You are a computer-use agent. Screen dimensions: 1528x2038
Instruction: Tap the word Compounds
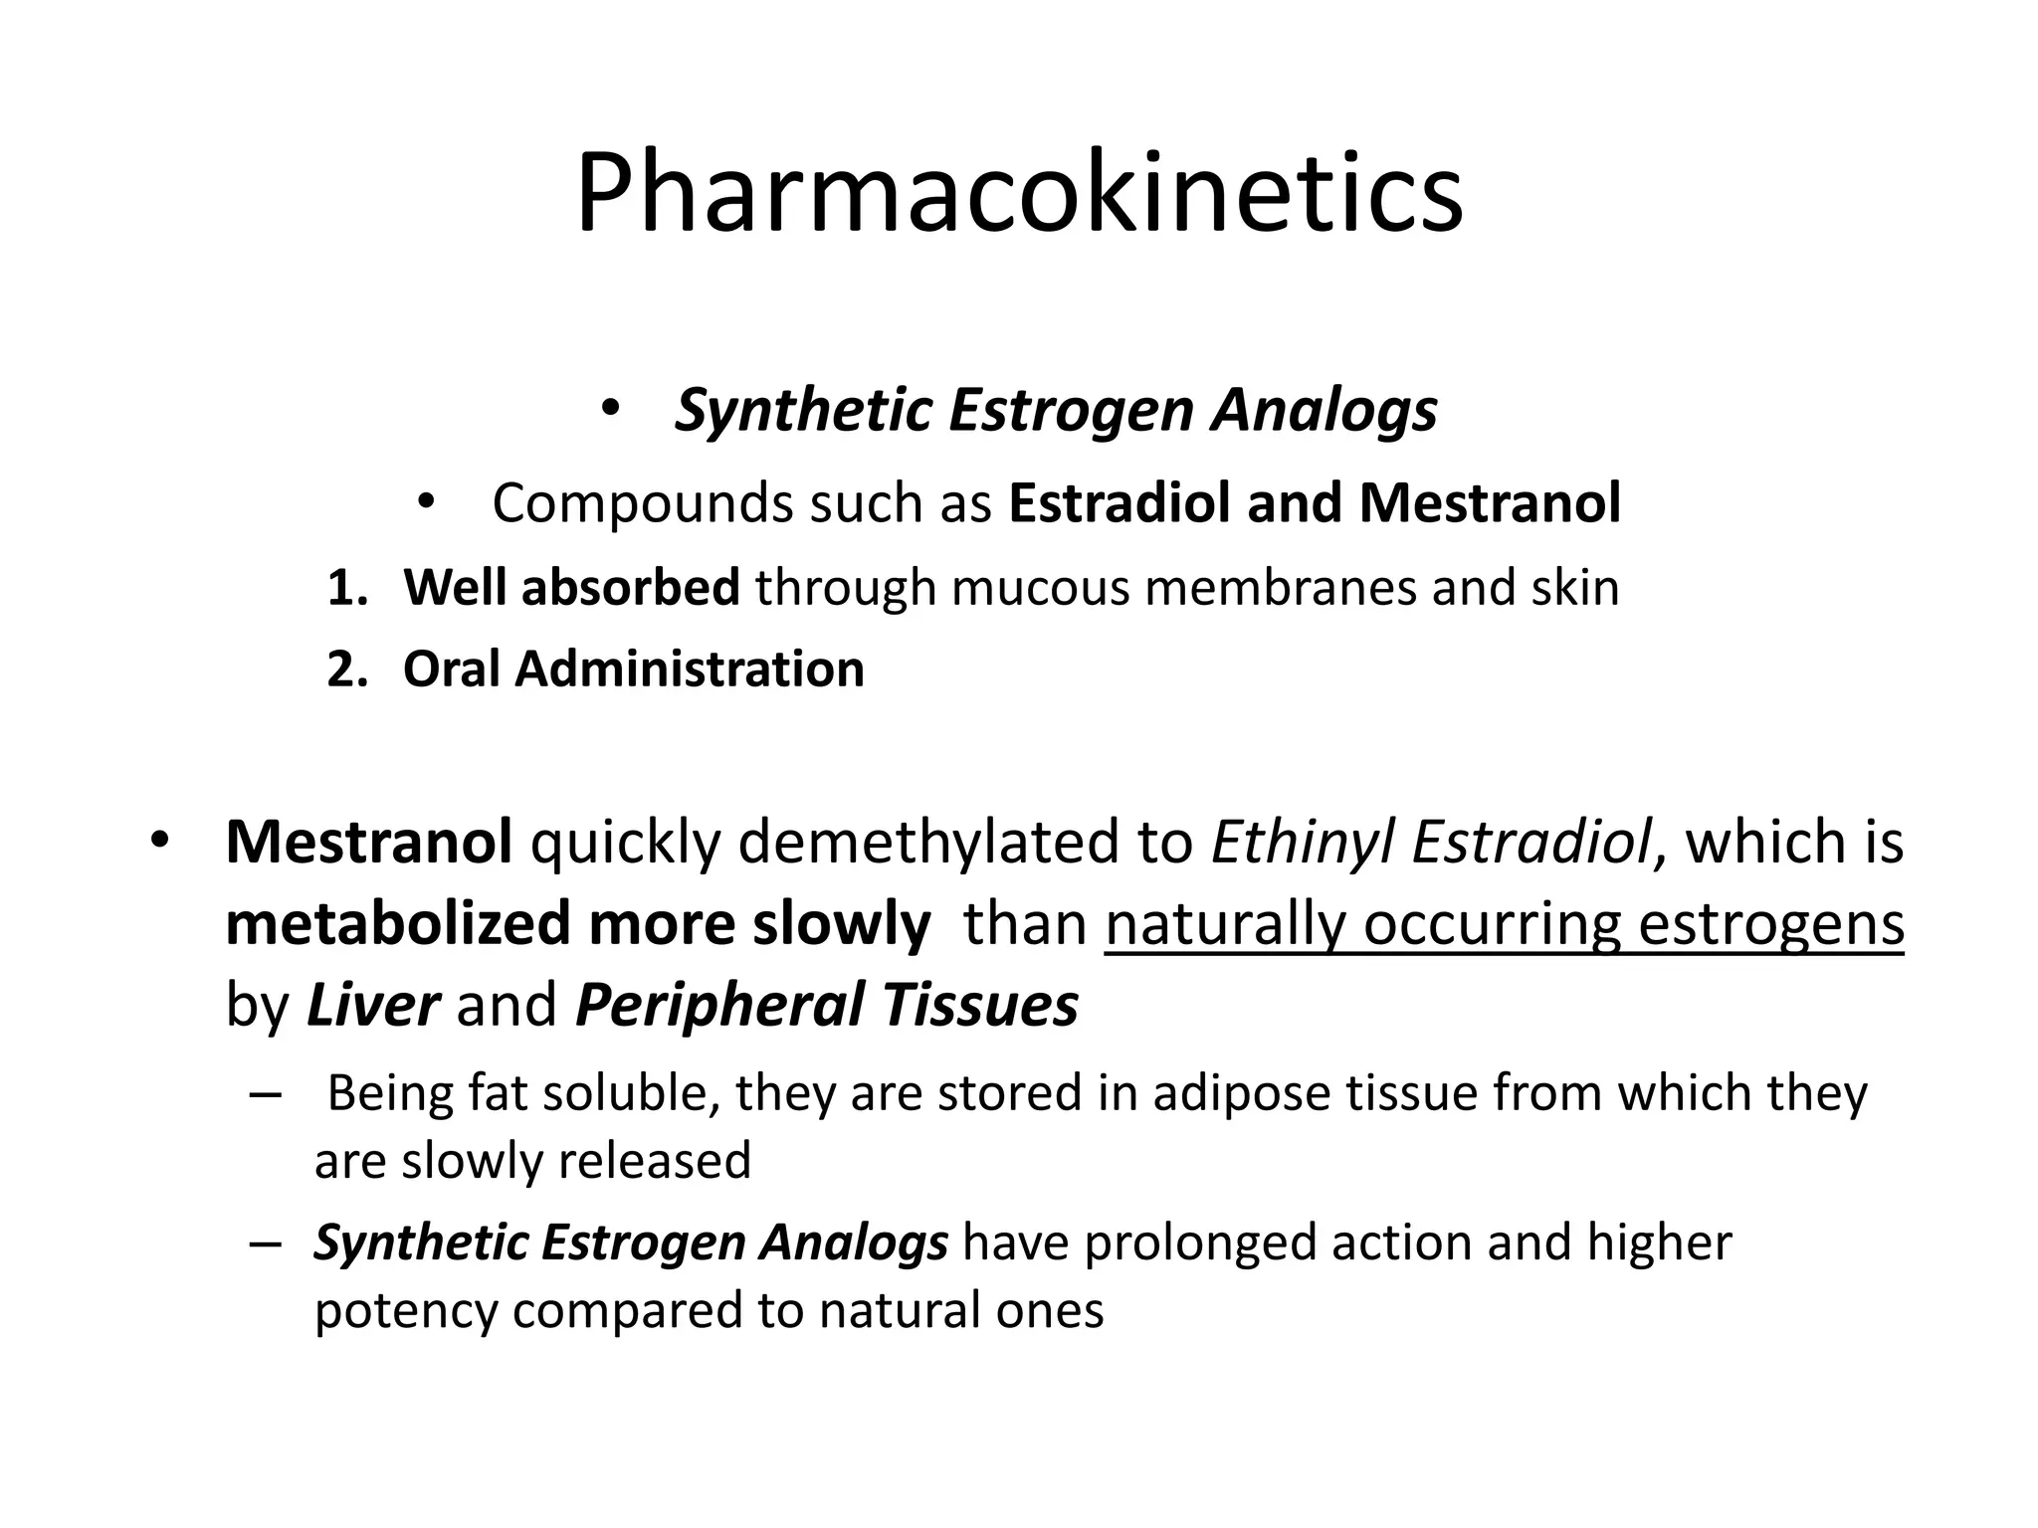pos(641,503)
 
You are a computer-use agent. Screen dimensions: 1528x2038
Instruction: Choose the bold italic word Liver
pos(372,1005)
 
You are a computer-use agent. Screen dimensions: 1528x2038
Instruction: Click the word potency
pos(405,1311)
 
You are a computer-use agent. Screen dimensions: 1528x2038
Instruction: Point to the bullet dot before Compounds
pos(425,502)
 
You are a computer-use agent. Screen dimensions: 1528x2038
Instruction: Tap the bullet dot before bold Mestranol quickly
pos(159,842)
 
